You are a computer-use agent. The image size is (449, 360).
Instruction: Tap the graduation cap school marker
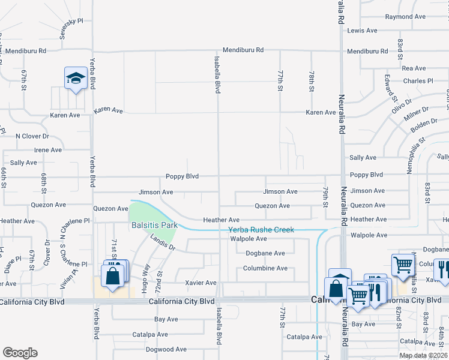pyautogui.click(x=76, y=79)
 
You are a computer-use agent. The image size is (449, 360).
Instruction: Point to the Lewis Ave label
pyautogui.click(x=362, y=30)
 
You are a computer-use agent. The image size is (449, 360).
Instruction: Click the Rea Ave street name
pyautogui.click(x=414, y=68)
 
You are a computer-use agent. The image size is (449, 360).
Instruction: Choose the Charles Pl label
pyautogui.click(x=418, y=81)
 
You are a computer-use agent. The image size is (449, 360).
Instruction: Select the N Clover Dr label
pyautogui.click(x=32, y=136)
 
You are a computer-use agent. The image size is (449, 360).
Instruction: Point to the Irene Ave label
pyautogui.click(x=48, y=150)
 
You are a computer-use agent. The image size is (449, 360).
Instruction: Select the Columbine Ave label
pyautogui.click(x=266, y=268)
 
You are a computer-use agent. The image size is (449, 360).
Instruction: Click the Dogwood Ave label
pyautogui.click(x=166, y=349)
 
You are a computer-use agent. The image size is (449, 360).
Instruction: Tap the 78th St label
pyautogui.click(x=312, y=80)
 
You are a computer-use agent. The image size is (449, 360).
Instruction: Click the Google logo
pyautogui.click(x=20, y=353)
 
